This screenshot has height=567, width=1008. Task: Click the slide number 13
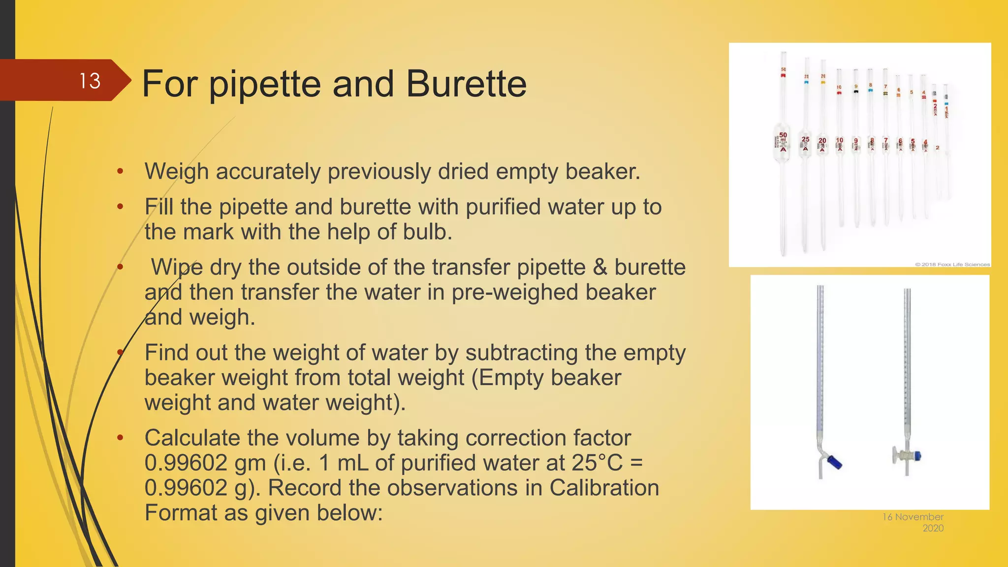pyautogui.click(x=90, y=81)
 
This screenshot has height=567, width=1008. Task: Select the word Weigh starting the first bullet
pyautogui.click(x=177, y=172)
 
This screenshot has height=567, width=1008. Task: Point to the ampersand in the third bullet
pyautogui.click(x=600, y=267)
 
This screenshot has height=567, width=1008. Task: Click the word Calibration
pyautogui.click(x=604, y=488)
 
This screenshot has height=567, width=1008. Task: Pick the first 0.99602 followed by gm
pyautogui.click(x=186, y=463)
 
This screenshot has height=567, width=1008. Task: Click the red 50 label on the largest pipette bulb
pyautogui.click(x=783, y=135)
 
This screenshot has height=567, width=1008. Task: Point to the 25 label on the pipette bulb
pyautogui.click(x=805, y=139)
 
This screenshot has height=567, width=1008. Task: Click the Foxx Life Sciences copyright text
pyautogui.click(x=952, y=264)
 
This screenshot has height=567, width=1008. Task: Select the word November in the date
pyautogui.click(x=919, y=517)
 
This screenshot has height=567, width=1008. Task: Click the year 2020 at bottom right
pyautogui.click(x=933, y=528)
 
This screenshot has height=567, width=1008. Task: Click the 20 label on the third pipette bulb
pyautogui.click(x=822, y=140)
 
